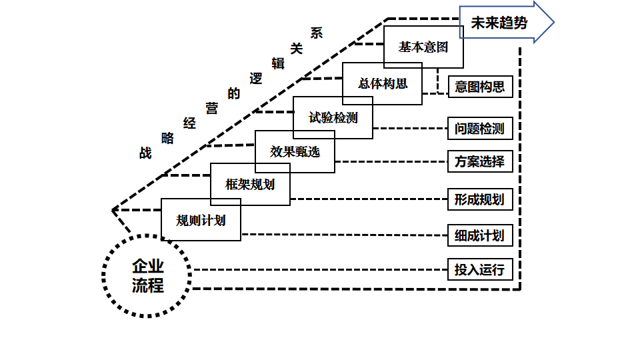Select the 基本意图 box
point(423,47)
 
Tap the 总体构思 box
point(383,84)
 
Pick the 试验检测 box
point(333,118)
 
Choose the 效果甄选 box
point(295,152)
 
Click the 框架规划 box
point(250,185)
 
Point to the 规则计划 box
point(201,220)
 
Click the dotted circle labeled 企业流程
point(147,276)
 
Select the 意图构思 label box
point(480,87)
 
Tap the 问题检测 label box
point(480,128)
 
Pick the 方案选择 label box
point(480,161)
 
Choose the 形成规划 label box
point(480,199)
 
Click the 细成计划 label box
point(480,235)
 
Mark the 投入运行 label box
point(480,270)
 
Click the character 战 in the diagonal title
point(145,153)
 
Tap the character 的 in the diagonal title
point(233,93)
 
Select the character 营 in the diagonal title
point(212,109)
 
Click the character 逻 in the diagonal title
point(255,78)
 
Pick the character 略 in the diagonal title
point(167,138)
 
